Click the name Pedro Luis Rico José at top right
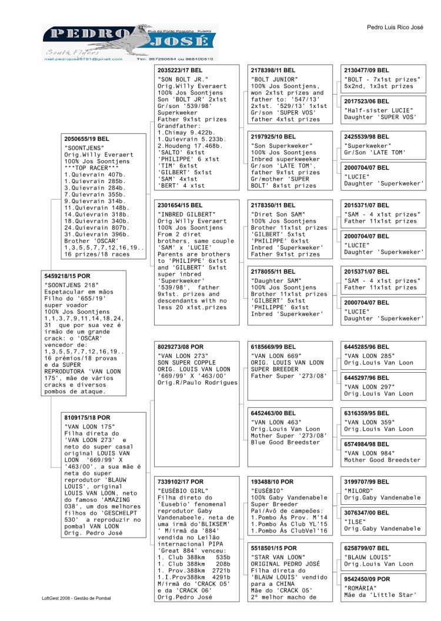[395, 27]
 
